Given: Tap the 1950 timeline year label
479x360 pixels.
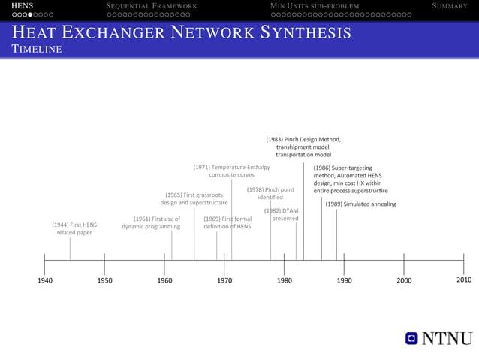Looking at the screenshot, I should coord(104,280).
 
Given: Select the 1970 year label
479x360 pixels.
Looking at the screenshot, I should coord(224,280).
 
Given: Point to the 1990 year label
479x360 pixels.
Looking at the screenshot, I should coord(344,280).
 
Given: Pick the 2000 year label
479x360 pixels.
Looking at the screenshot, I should coord(404,280).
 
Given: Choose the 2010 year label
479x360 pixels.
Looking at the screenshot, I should coord(464,280).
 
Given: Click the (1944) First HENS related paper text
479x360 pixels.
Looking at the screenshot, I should coord(74,228).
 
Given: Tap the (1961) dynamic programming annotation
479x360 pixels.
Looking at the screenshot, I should coord(151,222).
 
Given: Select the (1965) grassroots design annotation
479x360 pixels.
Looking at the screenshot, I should coord(194,198).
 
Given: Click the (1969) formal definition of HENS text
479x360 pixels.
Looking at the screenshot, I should coord(227,222).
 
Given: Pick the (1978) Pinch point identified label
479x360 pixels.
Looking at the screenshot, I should coord(270,193).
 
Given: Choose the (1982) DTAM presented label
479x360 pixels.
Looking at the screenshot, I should coord(282,214).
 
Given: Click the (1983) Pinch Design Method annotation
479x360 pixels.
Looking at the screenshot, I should coord(303,147).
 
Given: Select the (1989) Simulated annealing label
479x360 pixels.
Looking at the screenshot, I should coord(361,204).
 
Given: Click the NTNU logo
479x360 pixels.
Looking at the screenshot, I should coord(439,340).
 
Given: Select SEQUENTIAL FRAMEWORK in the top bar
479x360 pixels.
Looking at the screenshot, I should coord(152,6).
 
